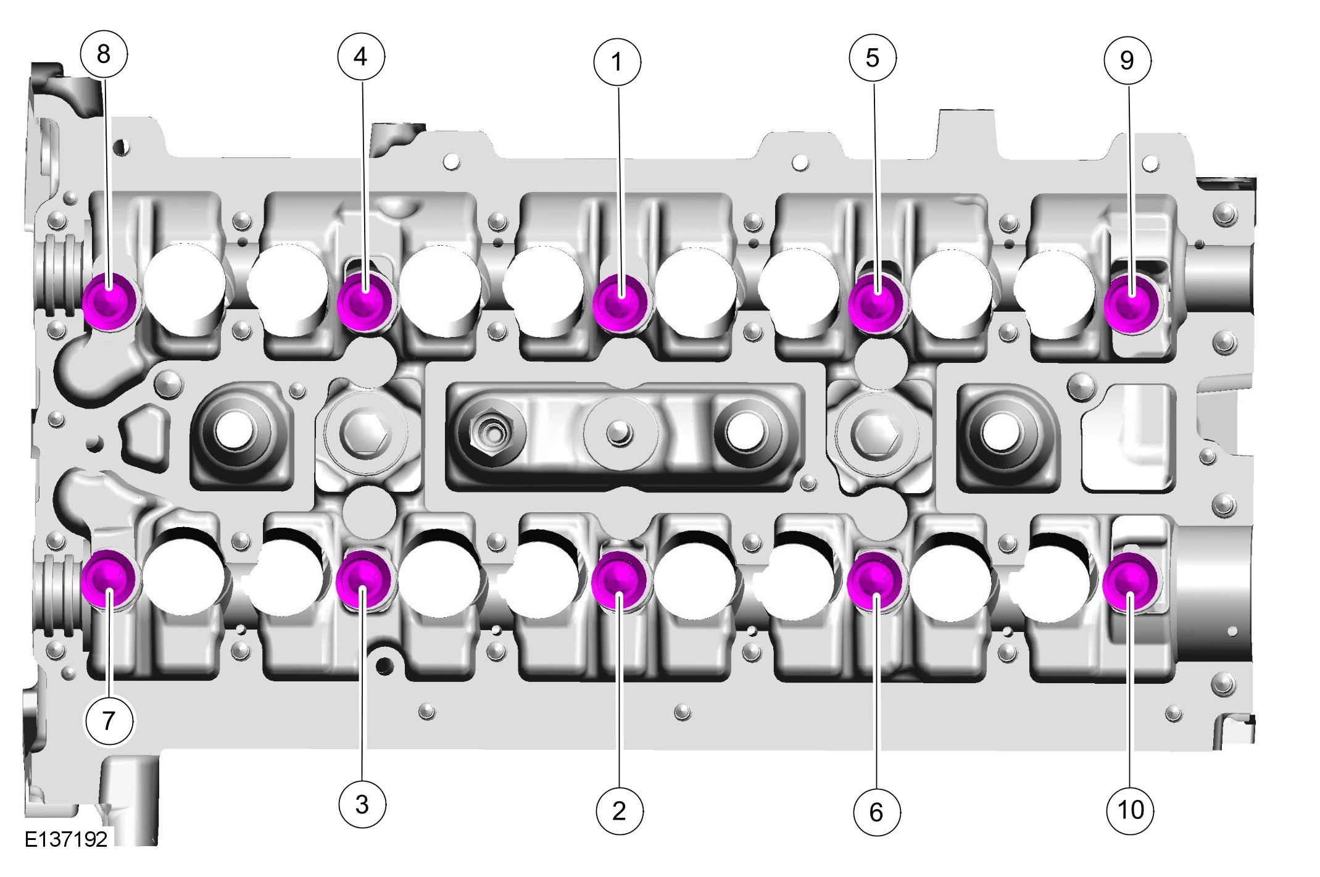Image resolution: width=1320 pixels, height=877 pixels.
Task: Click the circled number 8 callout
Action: [x=104, y=54]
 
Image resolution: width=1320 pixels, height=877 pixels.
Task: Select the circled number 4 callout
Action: [x=361, y=57]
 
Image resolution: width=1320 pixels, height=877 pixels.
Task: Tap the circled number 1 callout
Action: [x=617, y=62]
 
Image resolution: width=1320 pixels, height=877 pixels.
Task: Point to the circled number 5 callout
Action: [x=873, y=58]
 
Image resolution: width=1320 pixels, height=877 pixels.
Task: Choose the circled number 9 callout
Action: [x=1127, y=60]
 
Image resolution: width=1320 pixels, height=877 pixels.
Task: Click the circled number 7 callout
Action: [x=109, y=720]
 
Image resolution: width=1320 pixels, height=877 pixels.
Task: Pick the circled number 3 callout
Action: [x=363, y=804]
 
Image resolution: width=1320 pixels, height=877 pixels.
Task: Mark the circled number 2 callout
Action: [x=620, y=811]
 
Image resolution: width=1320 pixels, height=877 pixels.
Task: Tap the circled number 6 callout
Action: [x=876, y=812]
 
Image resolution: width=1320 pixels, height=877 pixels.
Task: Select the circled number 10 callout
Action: [x=1131, y=810]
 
